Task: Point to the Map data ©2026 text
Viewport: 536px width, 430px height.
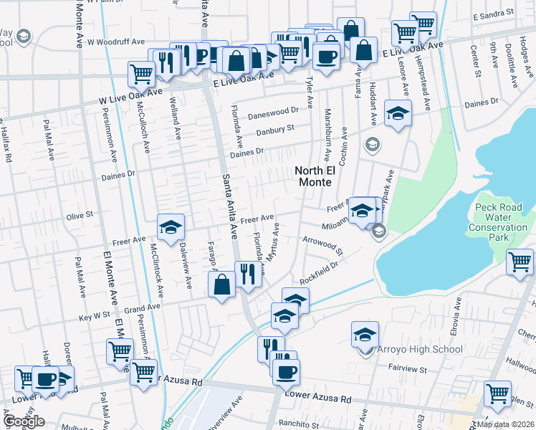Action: (506, 424)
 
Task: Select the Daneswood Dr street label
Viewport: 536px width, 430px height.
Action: (273, 113)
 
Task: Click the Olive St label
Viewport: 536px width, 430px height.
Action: (80, 214)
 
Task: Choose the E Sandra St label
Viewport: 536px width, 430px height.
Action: (494, 14)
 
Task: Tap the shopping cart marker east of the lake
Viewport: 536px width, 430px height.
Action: (520, 262)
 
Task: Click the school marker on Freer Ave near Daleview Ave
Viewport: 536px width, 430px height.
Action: (171, 227)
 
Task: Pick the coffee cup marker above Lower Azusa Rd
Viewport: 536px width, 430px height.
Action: (287, 371)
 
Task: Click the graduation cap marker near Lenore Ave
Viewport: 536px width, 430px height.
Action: (398, 113)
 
